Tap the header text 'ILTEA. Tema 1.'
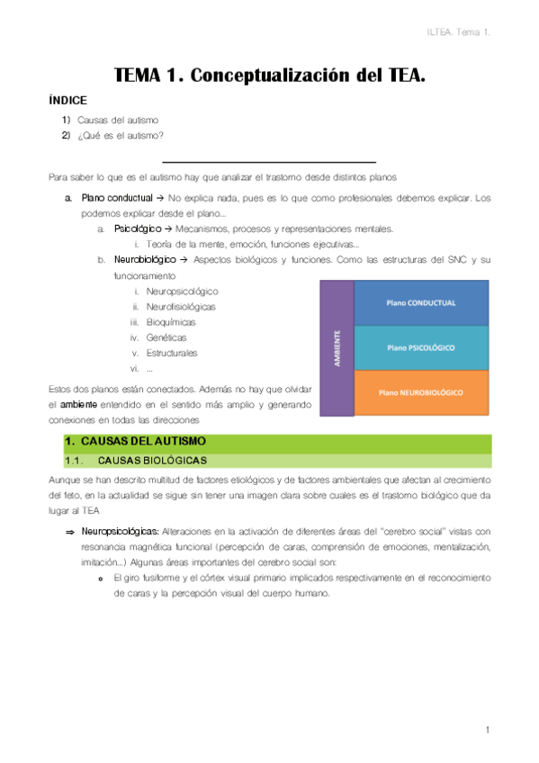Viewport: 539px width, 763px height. click(x=459, y=33)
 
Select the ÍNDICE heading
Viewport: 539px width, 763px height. click(x=67, y=101)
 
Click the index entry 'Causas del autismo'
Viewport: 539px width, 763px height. click(x=118, y=120)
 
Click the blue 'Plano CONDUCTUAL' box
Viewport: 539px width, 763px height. click(x=421, y=303)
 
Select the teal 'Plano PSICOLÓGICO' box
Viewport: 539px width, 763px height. click(x=421, y=347)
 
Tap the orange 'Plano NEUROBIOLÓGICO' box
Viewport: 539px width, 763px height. click(x=421, y=392)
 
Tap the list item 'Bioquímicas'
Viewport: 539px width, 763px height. click(x=171, y=322)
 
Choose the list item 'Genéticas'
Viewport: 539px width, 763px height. click(x=166, y=337)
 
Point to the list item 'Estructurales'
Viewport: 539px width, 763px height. click(x=172, y=353)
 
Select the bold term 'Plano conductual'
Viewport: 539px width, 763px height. click(x=115, y=197)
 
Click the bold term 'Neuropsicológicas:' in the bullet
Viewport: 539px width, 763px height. click(x=124, y=532)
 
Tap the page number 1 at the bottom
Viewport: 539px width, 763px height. click(x=487, y=730)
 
